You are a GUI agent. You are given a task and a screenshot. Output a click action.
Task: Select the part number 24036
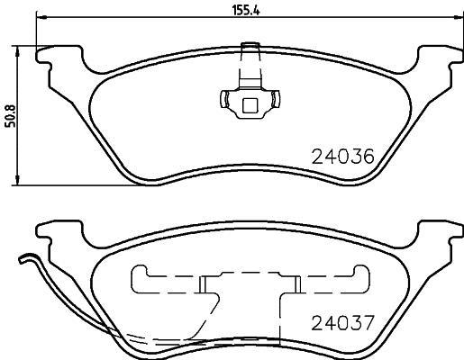pos(342,156)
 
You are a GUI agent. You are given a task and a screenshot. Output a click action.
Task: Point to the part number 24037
pos(342,322)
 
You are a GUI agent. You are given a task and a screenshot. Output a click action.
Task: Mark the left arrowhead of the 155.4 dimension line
pos(40,22)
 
